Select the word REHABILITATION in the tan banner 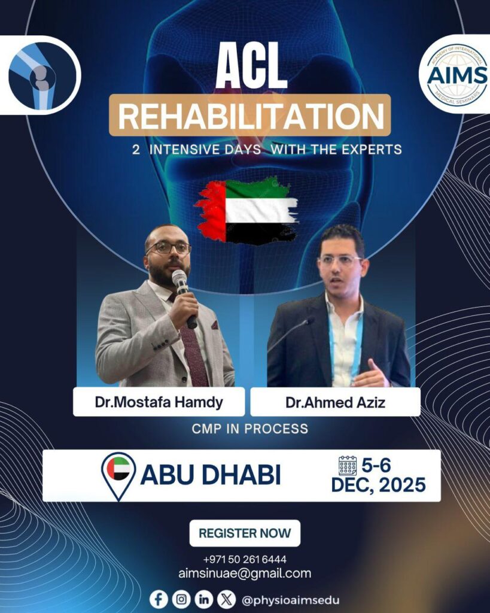tap(251, 116)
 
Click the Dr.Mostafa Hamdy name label tap(159, 402)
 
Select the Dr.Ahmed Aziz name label tap(335, 402)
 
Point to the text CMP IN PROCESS tap(249, 429)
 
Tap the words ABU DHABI tap(211, 475)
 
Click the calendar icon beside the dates tap(348, 466)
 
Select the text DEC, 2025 tap(378, 485)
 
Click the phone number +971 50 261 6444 tap(245, 560)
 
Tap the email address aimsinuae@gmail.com tap(245, 573)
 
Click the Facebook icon tap(159, 599)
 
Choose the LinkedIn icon tap(203, 599)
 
